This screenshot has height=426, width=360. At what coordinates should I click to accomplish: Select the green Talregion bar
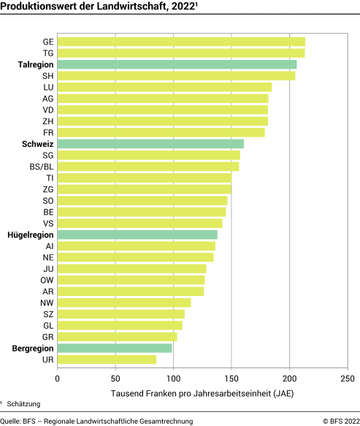pos(177,64)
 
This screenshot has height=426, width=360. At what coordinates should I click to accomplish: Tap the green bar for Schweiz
pos(150,144)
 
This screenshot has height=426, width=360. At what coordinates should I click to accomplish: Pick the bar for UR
pos(107,360)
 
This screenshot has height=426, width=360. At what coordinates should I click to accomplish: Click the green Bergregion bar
pos(115,349)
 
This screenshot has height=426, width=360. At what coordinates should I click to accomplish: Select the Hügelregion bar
pos(137,235)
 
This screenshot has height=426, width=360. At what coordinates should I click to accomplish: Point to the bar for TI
pos(144,178)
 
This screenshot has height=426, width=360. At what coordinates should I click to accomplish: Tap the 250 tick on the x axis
pos(348,379)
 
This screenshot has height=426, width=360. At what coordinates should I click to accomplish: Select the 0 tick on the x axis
pos(57,379)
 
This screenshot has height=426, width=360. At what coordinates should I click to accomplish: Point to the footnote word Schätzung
pos(24,404)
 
